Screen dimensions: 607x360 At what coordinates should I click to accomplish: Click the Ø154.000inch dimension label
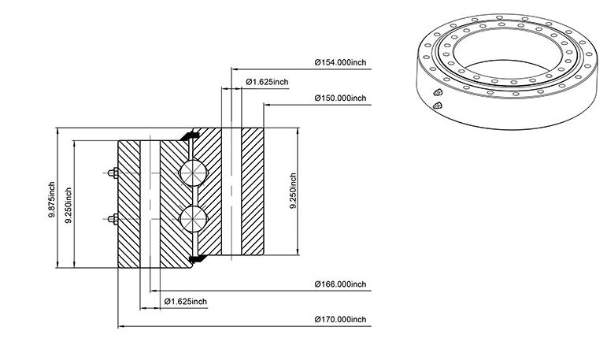pos(340,62)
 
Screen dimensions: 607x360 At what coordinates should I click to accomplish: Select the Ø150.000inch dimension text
pos(340,98)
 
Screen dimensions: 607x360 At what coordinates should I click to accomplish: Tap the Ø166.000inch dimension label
pos(340,284)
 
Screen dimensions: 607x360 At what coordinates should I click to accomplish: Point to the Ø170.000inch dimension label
pos(340,319)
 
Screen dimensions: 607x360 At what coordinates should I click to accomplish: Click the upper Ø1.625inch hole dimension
pos(267,82)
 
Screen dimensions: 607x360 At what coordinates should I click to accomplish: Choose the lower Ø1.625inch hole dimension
pos(186,302)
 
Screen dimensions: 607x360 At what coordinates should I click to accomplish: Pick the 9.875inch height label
pos(51,199)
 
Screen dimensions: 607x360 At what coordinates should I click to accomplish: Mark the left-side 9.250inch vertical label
pos(68,205)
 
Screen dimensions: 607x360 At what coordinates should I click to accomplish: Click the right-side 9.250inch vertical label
pos(293,191)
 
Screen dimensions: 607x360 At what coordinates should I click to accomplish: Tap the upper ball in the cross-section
pos(193,173)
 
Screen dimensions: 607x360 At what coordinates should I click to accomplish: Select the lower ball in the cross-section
pos(193,219)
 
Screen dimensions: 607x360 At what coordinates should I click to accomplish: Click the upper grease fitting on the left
pos(113,173)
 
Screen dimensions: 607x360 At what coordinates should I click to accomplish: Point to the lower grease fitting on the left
pos(113,219)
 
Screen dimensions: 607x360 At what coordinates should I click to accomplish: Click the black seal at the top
pos(189,135)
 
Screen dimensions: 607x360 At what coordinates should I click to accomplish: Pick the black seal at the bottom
pos(198,258)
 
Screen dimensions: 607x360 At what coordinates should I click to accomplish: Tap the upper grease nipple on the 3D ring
pos(438,92)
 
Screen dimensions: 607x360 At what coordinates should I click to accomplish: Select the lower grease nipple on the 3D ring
pos(438,105)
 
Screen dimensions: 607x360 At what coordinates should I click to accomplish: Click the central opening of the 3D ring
pos(503,52)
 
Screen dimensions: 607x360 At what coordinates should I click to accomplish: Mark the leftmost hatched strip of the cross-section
pos(129,204)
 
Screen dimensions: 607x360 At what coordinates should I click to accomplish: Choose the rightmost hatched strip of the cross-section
pos(253,191)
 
